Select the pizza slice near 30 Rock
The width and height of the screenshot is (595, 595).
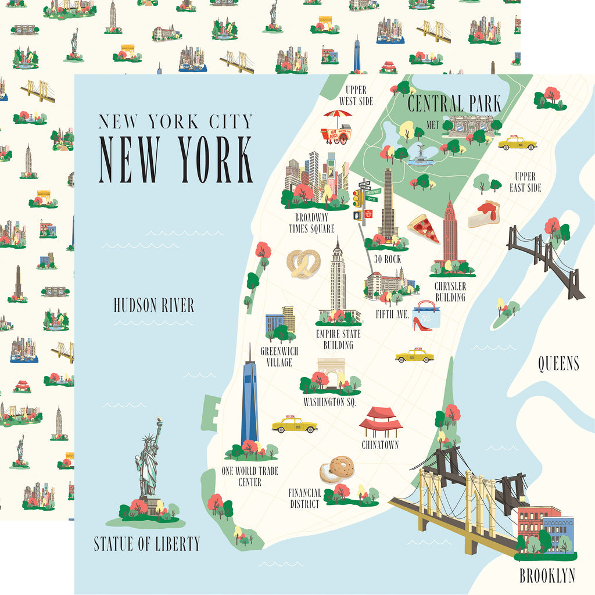pos(424,228)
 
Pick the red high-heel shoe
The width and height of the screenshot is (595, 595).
pos(421,324)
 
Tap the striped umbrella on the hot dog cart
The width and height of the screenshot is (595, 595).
pos(338,115)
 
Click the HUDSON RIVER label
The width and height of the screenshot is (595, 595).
pos(154,306)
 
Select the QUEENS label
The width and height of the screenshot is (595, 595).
pos(558,364)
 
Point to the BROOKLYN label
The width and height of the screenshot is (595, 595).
pos(547,576)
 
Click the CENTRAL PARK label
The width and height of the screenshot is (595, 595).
pos(454,105)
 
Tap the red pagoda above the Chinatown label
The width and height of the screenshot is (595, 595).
pos(381,422)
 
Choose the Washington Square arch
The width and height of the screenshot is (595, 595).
pos(331,371)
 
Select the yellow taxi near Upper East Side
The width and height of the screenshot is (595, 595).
pos(517,143)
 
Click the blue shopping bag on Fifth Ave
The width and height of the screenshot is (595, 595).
pos(426,314)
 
